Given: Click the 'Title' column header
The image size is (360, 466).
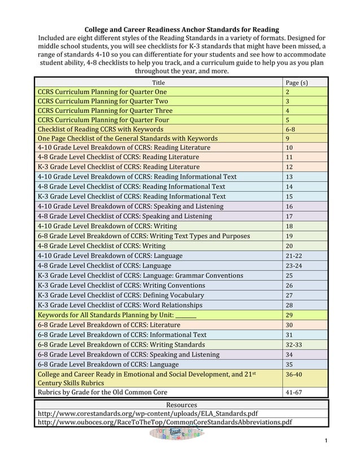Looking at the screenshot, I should (159, 82).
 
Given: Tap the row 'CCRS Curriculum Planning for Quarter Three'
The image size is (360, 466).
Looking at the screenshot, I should (105, 111).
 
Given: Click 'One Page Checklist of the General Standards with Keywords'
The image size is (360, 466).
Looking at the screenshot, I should (128, 138).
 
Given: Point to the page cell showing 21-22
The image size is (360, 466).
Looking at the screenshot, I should (293, 256).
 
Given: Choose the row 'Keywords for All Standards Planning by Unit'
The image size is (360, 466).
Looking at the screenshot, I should (117, 315).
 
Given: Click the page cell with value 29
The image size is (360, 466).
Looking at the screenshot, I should (289, 315).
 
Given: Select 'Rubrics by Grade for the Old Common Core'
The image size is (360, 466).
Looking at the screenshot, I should (103, 392).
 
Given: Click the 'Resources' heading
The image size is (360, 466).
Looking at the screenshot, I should (181, 405).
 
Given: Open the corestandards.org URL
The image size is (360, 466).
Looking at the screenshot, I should (148, 413).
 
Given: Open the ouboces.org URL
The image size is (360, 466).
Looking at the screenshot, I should (165, 422).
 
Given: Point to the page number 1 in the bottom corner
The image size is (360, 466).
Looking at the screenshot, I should (326, 439).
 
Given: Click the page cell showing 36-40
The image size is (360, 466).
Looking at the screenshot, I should (293, 373).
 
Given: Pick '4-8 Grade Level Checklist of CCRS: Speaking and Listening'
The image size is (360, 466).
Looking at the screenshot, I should (125, 216).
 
